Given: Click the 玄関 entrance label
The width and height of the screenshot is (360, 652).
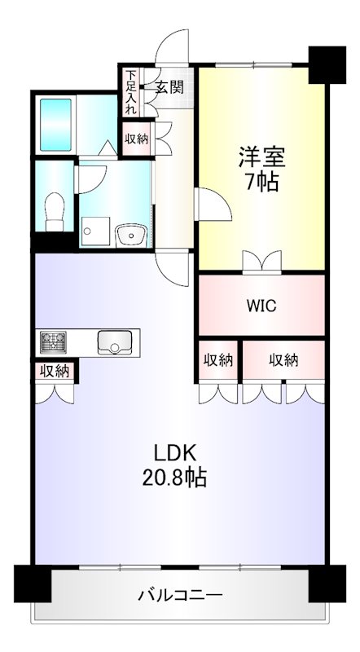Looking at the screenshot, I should (169, 87).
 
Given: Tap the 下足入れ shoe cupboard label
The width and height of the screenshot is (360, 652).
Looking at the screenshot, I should (130, 90).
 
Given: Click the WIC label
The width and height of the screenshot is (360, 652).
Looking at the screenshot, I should (261, 306).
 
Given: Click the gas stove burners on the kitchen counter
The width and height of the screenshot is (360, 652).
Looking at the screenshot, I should (55, 341).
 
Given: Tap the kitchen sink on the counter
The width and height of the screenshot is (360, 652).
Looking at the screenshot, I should (114, 342).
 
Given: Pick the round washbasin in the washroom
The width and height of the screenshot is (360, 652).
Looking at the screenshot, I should (129, 236).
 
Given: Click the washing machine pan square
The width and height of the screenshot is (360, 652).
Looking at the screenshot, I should (94, 231).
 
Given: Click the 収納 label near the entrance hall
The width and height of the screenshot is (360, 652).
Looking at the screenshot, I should (137, 139).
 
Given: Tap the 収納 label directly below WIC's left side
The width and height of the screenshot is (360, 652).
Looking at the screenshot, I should (217, 359).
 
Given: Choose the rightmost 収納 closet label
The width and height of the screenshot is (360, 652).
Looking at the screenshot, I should (283, 359).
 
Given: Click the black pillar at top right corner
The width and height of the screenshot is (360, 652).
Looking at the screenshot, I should (329, 63).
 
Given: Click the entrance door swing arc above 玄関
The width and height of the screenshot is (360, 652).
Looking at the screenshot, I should (173, 47).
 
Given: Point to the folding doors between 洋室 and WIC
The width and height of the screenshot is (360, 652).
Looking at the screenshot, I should (262, 262).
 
